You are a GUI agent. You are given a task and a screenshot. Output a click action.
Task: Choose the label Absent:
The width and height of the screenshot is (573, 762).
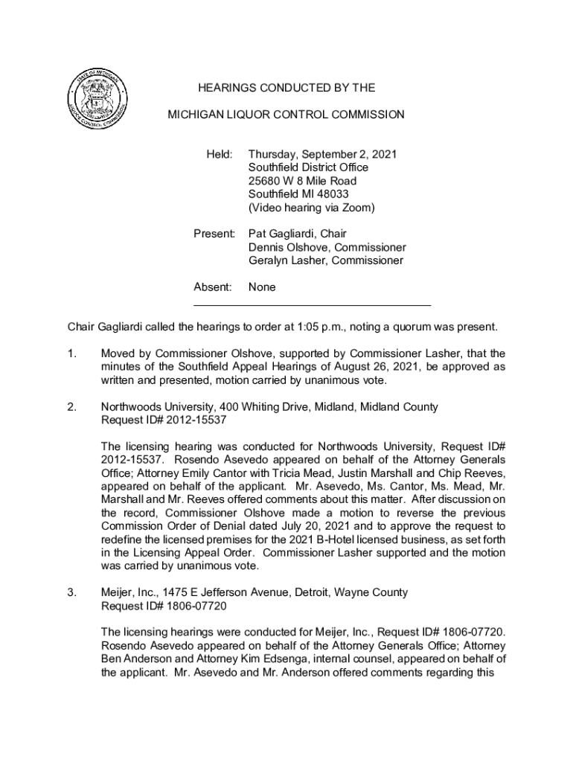click(x=213, y=287)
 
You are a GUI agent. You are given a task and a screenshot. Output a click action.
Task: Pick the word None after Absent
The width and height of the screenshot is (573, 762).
click(x=262, y=287)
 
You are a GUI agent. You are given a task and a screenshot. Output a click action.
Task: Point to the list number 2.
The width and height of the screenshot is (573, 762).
click(x=71, y=407)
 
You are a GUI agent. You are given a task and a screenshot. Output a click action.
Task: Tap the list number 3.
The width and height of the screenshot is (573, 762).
click(x=71, y=593)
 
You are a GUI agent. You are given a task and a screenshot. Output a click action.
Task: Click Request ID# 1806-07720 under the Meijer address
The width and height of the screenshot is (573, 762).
click(x=153, y=606)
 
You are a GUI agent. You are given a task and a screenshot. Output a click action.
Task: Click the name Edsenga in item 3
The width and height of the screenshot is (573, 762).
click(x=298, y=660)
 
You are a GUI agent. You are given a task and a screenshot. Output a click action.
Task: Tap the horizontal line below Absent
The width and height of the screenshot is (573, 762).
click(x=312, y=305)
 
